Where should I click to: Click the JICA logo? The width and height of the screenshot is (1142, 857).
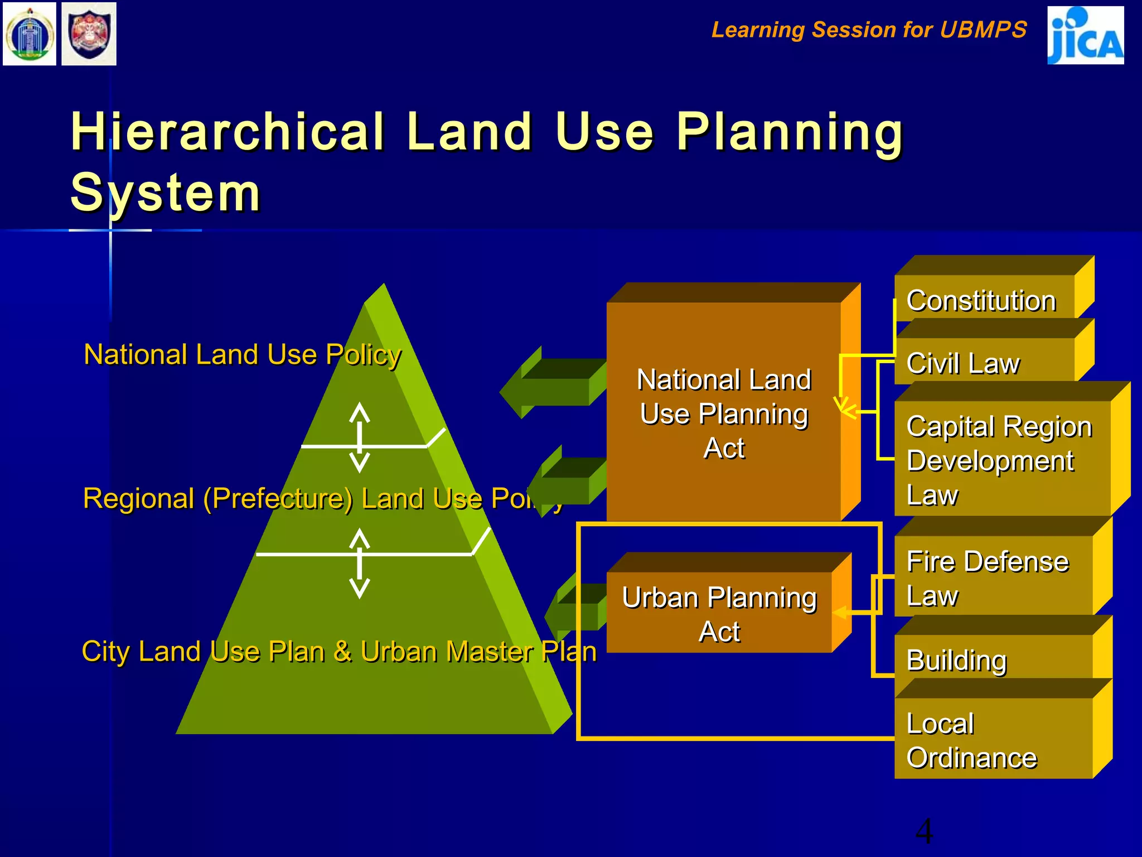click(x=1085, y=35)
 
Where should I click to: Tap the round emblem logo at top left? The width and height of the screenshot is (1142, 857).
click(x=30, y=34)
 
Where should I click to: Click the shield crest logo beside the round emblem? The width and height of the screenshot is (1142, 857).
click(x=89, y=34)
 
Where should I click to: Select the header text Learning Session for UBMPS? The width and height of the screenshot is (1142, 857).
click(x=869, y=30)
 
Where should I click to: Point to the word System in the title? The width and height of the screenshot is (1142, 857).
click(x=166, y=192)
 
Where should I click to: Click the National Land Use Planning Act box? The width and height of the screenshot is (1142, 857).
click(x=724, y=413)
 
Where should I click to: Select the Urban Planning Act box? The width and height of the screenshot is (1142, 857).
click(x=719, y=614)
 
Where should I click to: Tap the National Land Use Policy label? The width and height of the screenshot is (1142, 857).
click(x=242, y=354)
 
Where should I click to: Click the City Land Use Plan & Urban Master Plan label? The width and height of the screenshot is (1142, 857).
click(x=339, y=651)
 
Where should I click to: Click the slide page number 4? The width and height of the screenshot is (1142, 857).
click(x=924, y=831)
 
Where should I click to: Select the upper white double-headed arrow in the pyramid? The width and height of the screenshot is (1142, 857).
click(x=360, y=437)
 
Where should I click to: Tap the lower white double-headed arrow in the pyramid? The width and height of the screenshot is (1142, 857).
click(x=360, y=564)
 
